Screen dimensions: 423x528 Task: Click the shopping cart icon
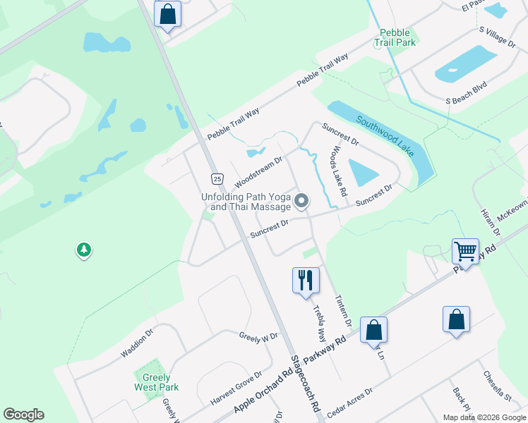[465, 252]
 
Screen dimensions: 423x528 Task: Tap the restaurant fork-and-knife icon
[306, 279]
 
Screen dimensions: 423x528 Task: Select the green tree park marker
[84, 250]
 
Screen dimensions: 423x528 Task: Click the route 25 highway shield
[217, 178]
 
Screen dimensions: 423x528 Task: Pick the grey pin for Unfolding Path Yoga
[301, 202]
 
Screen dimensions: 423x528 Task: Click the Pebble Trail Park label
[397, 37]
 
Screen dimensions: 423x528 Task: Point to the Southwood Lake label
[385, 133]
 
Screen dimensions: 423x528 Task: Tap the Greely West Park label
[157, 382]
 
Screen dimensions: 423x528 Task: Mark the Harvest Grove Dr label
[236, 388]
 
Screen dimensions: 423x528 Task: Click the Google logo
[23, 415]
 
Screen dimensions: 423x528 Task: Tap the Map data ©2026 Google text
[484, 417]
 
